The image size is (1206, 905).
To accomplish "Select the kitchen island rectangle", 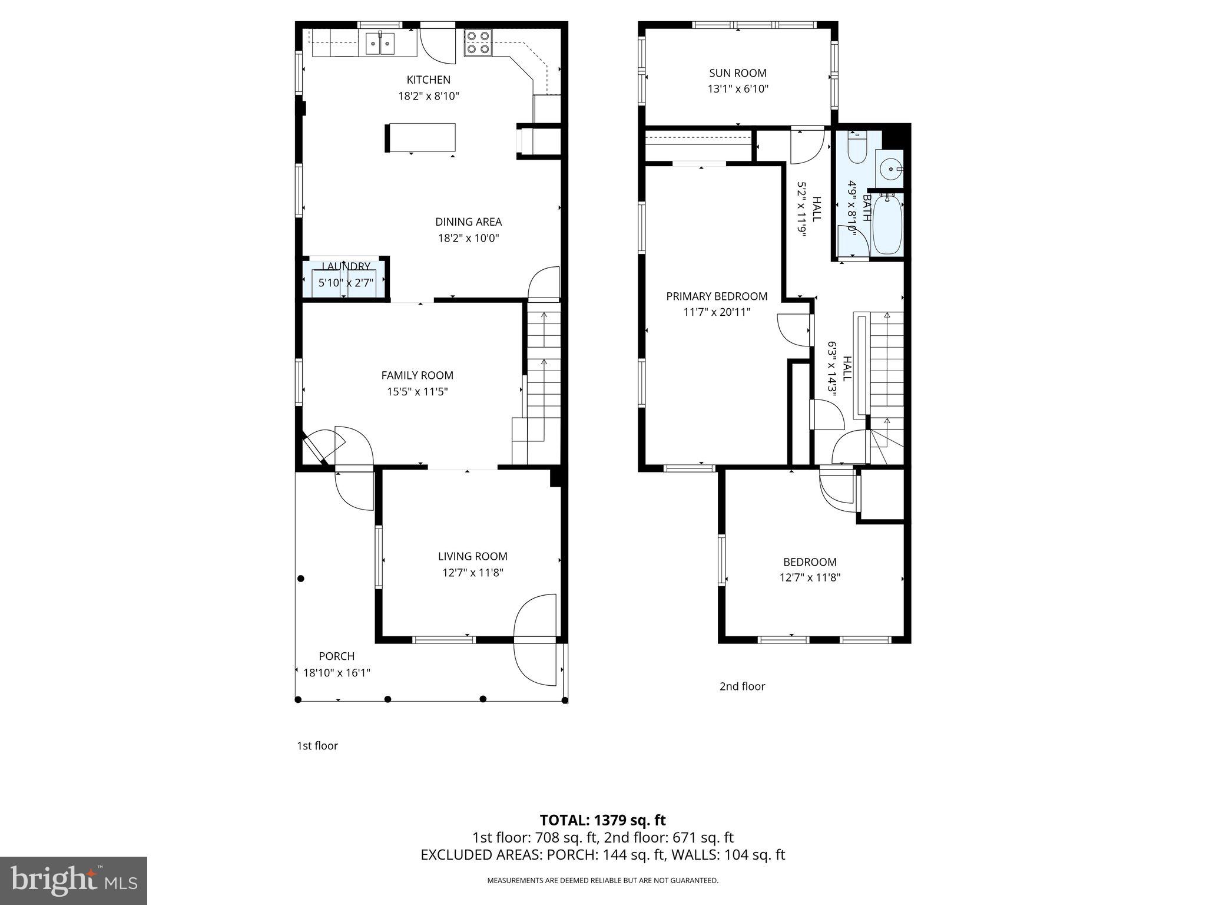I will click(x=421, y=137).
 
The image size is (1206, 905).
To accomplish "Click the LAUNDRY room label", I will click(x=346, y=267).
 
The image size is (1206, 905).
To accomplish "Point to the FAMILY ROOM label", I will click(x=417, y=375).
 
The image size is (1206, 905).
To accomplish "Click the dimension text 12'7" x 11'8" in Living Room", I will click(x=472, y=573).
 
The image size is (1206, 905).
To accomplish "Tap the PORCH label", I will click(x=336, y=656).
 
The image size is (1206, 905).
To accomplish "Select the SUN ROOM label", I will click(x=737, y=73).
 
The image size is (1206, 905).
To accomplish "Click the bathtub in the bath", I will click(x=887, y=224).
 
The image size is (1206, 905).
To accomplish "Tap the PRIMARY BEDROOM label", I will click(x=716, y=296).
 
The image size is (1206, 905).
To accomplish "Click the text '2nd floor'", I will click(x=742, y=686).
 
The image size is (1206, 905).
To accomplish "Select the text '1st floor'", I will click(x=317, y=746).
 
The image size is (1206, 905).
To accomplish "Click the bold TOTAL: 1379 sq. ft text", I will click(x=602, y=820).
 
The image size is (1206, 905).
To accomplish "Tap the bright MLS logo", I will click(x=74, y=880).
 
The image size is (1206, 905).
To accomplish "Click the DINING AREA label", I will click(x=468, y=222).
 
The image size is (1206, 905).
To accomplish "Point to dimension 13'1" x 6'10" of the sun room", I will click(x=737, y=89).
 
